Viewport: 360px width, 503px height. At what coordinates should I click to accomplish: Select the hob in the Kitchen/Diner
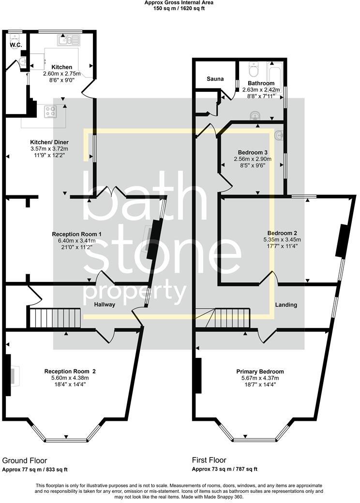pos(50,112)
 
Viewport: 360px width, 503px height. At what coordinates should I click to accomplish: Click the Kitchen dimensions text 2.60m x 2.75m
pos(61,74)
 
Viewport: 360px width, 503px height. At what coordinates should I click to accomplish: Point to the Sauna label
pos(215,78)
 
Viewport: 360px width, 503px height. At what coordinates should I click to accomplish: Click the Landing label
pos(285,305)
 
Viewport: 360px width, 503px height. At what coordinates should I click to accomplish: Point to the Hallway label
pos(105,305)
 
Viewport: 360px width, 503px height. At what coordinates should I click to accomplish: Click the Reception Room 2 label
pos(70,371)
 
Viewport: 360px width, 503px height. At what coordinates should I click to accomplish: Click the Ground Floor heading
pos(24,460)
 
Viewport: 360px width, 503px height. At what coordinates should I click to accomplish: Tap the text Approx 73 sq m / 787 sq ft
pos(225,469)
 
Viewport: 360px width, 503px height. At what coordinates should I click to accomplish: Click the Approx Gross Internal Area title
pos(179,2)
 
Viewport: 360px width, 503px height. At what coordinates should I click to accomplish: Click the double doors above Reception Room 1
pos(112,192)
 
